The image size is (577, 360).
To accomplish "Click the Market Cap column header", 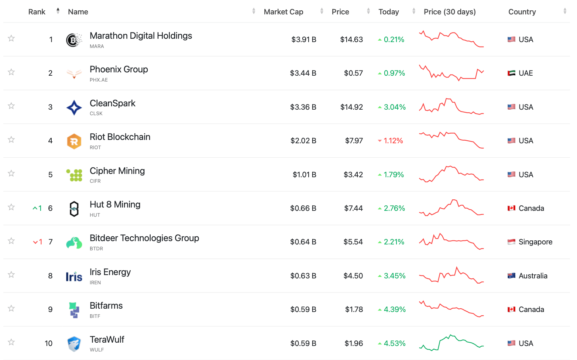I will pyautogui.click(x=283, y=12).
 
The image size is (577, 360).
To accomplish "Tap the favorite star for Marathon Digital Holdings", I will pyautogui.click(x=11, y=38).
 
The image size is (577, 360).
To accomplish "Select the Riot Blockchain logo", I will pyautogui.click(x=74, y=141).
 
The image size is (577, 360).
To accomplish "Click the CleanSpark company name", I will pyautogui.click(x=113, y=103).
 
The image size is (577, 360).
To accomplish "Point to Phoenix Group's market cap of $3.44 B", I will pyautogui.click(x=303, y=73).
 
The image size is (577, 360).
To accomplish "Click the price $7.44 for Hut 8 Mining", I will pyautogui.click(x=353, y=208).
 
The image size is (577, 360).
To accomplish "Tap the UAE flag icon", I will pyautogui.click(x=511, y=73).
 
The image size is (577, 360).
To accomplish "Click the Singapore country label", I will pyautogui.click(x=535, y=242).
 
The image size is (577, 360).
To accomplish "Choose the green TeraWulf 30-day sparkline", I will pyautogui.click(x=451, y=343).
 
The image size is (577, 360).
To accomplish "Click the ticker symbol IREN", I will pyautogui.click(x=95, y=282).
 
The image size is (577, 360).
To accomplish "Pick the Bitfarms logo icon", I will pyautogui.click(x=74, y=310).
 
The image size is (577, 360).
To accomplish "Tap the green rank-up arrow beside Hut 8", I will pyautogui.click(x=35, y=208).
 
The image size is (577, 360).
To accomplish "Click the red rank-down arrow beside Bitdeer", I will pyautogui.click(x=35, y=242).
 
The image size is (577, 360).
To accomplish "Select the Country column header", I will pyautogui.click(x=522, y=12).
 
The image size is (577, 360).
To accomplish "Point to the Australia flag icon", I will pyautogui.click(x=511, y=275).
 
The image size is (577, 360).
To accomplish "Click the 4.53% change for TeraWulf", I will pyautogui.click(x=394, y=343).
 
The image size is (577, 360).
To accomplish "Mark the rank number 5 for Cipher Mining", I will pyautogui.click(x=51, y=175).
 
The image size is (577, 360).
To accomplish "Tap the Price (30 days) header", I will pyautogui.click(x=449, y=12).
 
